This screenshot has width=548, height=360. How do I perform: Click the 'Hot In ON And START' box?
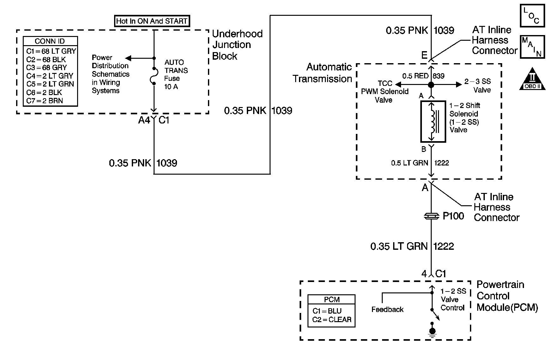point(152,21)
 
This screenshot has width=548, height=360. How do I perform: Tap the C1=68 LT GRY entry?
point(51,51)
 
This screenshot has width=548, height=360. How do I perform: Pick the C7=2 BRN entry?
point(45,101)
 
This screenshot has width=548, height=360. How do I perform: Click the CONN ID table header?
point(50,41)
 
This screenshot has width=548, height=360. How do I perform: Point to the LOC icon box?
point(533,15)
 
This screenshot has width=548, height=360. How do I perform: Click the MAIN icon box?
point(533,47)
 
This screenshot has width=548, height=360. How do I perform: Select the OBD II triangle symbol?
point(533,79)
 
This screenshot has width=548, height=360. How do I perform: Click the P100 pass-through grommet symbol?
point(431,216)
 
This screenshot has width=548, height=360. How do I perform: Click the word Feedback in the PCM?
point(387,309)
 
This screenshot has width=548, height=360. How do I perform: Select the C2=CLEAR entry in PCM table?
point(332,320)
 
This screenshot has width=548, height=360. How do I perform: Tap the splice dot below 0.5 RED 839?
point(431,85)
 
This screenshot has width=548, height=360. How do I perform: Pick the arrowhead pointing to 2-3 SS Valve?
point(459,85)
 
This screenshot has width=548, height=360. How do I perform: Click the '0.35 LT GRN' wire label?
point(399,246)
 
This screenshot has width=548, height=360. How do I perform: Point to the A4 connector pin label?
point(144,120)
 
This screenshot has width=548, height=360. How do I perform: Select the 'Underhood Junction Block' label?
point(237,45)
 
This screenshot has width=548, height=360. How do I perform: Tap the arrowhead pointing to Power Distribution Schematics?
point(128,58)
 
